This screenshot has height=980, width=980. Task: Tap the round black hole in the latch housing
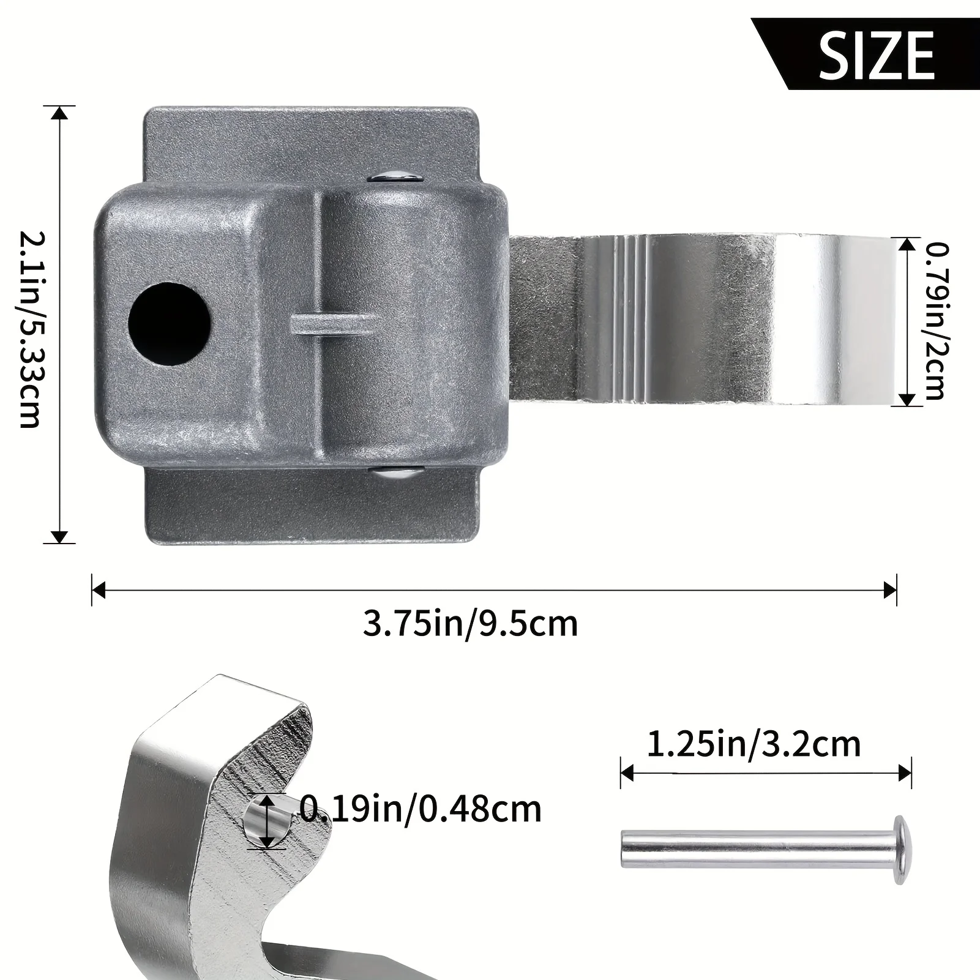[169, 324]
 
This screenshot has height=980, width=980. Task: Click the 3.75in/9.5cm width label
[470, 624]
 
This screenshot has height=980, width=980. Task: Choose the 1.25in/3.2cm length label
[754, 744]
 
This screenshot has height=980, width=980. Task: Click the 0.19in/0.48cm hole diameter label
[421, 809]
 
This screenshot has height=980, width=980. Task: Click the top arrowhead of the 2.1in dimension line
[59, 114]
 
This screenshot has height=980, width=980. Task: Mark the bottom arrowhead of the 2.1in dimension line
[59, 536]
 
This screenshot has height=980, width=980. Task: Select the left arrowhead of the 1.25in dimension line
[627, 773]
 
